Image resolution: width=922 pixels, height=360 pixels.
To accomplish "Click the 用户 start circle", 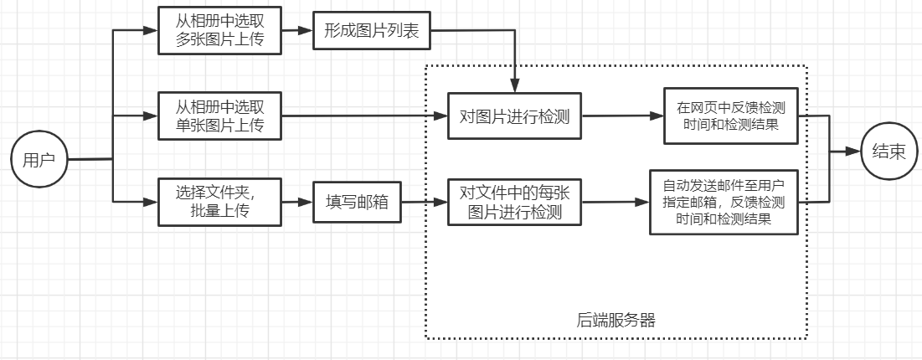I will pos(39,160).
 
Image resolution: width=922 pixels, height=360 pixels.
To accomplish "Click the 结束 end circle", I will pos(889,152).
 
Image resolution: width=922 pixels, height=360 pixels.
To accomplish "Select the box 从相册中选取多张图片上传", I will pos(219,30).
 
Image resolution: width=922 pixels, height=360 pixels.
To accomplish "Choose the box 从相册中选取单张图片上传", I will pos(219,116).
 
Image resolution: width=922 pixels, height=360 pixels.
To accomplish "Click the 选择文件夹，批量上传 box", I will pos(219,202).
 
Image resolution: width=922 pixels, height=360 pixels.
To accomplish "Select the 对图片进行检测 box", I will pos(514,116).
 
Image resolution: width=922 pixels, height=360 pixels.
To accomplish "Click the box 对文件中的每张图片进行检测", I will pos(514,202).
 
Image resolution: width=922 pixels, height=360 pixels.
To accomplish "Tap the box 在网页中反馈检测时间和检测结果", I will pos(731,116).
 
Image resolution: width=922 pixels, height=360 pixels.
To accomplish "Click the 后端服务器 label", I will pos(616,319).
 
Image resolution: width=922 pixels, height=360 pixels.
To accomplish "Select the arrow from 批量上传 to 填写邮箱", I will pos(296,202).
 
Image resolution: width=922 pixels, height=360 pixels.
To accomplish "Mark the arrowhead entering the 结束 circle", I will pos(854,152).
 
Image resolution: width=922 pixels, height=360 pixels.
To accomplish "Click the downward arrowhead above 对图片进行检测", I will pos(515,85).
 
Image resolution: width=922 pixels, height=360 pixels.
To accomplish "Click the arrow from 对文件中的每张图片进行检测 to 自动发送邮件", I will pos(616,202).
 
